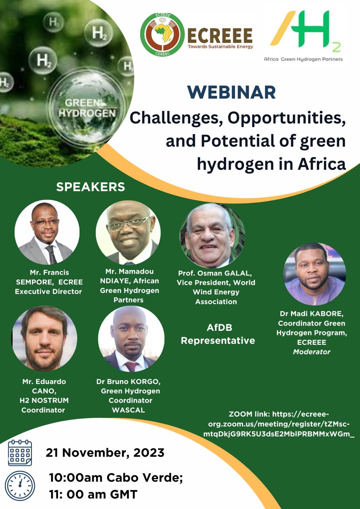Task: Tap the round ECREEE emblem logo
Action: (x=162, y=35)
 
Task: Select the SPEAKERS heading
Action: (x=90, y=187)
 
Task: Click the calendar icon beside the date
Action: (x=20, y=453)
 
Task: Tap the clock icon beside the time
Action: (x=20, y=486)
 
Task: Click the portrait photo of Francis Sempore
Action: (x=47, y=232)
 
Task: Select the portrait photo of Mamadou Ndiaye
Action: (x=128, y=233)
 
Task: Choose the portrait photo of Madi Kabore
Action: (x=315, y=274)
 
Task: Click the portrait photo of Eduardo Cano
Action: (x=44, y=338)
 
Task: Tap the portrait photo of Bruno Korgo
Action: (x=131, y=338)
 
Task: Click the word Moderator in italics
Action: (x=311, y=352)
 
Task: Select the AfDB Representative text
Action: (x=218, y=334)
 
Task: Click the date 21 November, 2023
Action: (x=105, y=453)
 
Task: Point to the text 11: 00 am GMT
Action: (x=93, y=494)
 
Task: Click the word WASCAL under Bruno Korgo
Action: (x=128, y=410)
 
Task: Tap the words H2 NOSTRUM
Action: (x=44, y=400)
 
